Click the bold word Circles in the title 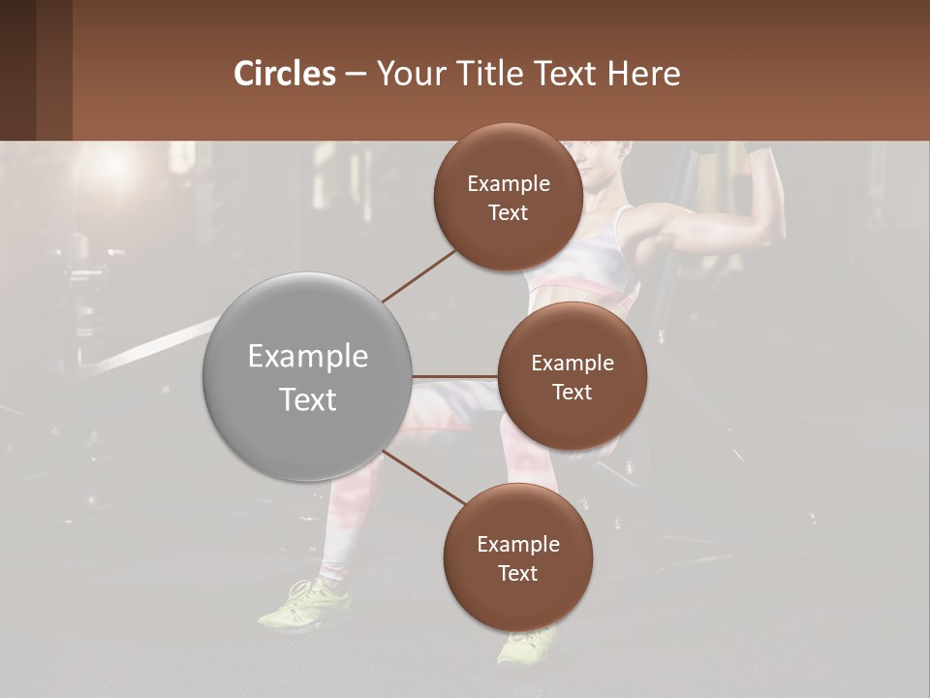[285, 74]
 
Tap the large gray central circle [307, 376]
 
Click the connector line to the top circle [418, 275]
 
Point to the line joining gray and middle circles [454, 376]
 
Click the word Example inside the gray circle [307, 356]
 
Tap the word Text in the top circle [508, 213]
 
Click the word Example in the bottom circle [517, 544]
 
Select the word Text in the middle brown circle [572, 392]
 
